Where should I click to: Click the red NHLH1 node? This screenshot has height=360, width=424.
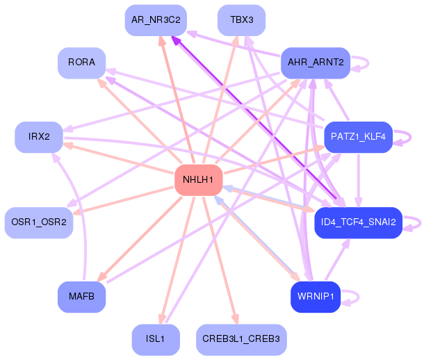click(x=199, y=180)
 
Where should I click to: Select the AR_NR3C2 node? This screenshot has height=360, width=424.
click(x=156, y=20)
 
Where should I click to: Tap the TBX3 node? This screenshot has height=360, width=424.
click(x=241, y=20)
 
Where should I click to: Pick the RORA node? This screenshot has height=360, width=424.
click(x=81, y=63)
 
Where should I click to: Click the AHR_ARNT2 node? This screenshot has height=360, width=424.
click(x=316, y=63)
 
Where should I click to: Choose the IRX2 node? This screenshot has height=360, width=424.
click(x=39, y=137)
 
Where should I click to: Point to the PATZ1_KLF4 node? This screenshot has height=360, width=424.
click(x=358, y=137)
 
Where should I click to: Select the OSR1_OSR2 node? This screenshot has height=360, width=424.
click(x=39, y=222)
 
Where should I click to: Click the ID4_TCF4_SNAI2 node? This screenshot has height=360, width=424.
click(x=358, y=222)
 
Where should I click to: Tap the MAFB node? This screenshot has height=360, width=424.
click(x=81, y=297)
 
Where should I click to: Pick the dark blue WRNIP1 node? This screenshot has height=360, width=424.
click(x=316, y=297)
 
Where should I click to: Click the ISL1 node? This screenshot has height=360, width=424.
click(x=156, y=340)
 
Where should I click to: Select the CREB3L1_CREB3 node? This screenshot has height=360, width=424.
click(x=241, y=340)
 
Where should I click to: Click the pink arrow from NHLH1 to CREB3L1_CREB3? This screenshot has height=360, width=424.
click(x=220, y=260)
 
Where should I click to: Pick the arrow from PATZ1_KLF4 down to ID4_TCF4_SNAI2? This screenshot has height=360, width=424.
click(x=358, y=180)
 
